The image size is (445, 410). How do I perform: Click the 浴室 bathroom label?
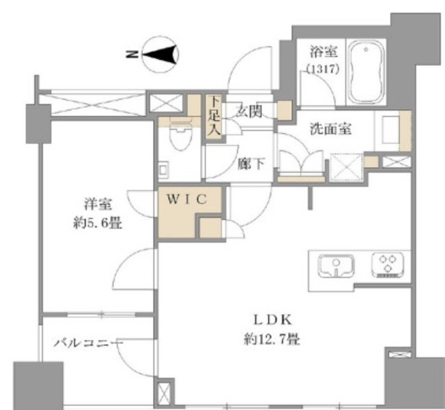pos(323,52)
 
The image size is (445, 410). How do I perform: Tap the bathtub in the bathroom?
pos(366,72)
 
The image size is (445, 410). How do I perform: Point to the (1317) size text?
pos(323,69)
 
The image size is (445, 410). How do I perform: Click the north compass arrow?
pos(160,54)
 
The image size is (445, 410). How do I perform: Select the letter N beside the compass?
pos(132,54)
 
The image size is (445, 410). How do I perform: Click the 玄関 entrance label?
pos(249,111)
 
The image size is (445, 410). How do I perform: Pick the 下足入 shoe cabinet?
pos(215,117)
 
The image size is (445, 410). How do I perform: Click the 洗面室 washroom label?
pos(331,129)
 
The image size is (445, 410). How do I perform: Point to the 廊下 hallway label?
pos(252,164)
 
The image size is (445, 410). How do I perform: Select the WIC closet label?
pos(187,199)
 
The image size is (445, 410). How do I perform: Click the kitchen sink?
pos(336,266)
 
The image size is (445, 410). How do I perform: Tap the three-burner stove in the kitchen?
pos(388,265)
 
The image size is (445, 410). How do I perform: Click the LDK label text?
pos(272,320)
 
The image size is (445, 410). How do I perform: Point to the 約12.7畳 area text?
pos(272,339)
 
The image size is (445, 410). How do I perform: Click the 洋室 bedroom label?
pos(97,204)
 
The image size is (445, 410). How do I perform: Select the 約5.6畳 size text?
pos(97,223)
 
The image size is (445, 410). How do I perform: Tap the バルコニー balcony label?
pos(88,343)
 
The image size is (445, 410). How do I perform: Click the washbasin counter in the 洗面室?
pos(393,131)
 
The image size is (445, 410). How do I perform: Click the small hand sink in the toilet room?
pos(164,170)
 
